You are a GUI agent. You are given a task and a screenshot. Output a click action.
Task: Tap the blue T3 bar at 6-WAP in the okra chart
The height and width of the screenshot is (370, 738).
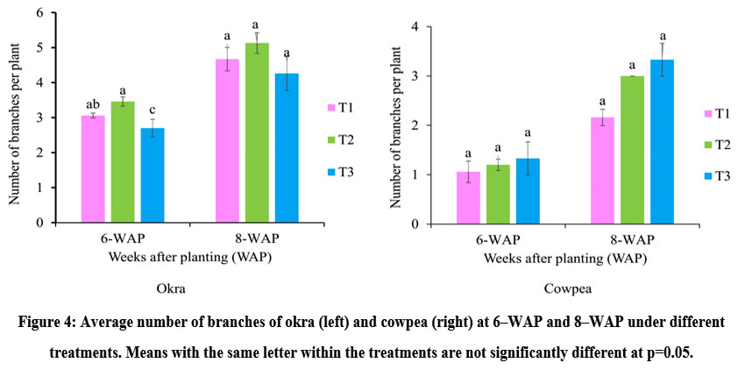pos(153,175)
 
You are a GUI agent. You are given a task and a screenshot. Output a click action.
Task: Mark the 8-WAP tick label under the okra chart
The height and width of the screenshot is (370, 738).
pos(256,239)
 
